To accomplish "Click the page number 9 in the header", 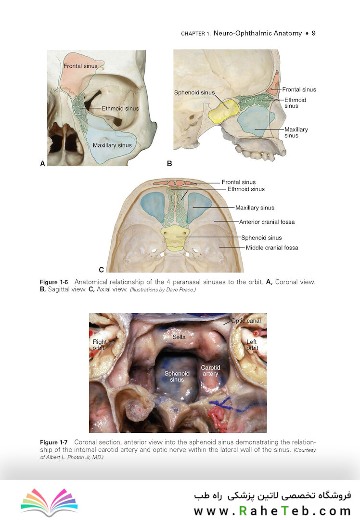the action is pos(314,33).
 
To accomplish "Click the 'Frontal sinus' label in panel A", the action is pos(80,66).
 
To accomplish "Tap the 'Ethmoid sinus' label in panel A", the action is pos(120,108).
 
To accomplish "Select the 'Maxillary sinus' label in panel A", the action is pos(112,145).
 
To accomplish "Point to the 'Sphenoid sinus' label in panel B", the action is pos(194,92).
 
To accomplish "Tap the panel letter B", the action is pos(169,164).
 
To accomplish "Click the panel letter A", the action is pos(42,164).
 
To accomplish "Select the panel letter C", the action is pos(101,270).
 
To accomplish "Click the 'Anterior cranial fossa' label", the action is pos(267,222).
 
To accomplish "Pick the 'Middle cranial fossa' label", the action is pos(272,248).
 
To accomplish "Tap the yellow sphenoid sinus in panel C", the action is pos(175,238).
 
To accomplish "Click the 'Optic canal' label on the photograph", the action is pos(246,321).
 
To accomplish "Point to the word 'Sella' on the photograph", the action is pos(179,337).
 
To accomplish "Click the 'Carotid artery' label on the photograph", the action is pos(210,370).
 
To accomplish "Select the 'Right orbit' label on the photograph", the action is pos(100,345).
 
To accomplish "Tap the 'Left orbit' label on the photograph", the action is pos(252,345).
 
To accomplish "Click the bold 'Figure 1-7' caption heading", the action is pos(54,442).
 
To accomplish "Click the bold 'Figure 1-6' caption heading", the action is pos(54,282).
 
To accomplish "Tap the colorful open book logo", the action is pos(50,501).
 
